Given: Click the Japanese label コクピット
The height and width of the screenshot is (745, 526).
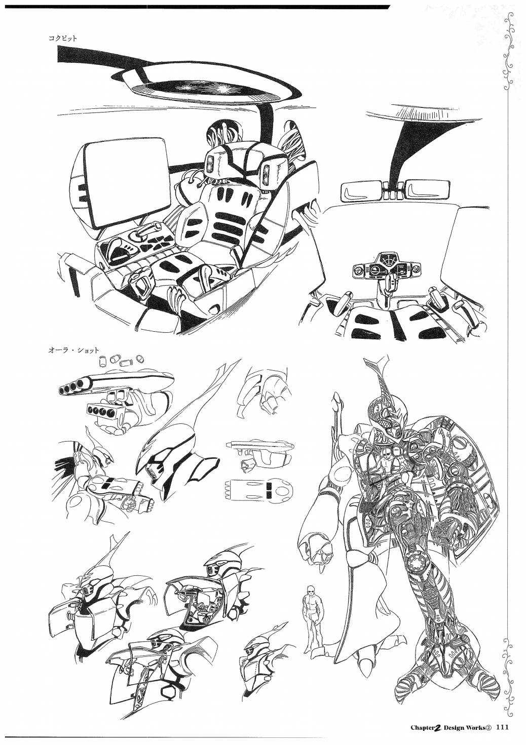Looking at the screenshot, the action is pyautogui.click(x=62, y=38).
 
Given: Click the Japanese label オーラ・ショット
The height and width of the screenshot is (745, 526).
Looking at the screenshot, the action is pyautogui.click(x=73, y=350).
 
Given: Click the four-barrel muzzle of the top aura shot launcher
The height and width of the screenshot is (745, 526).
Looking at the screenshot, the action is pyautogui.click(x=71, y=387).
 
